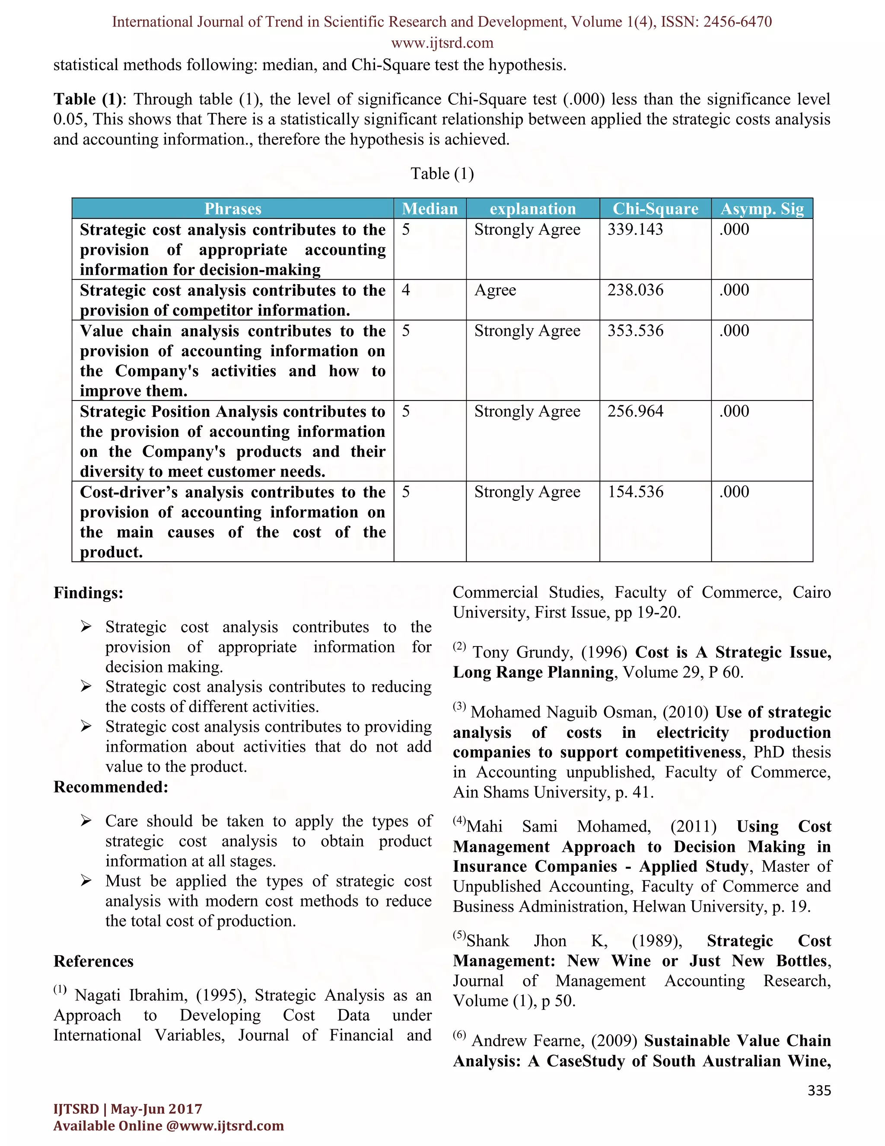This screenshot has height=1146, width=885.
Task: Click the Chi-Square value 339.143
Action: pos(635,229)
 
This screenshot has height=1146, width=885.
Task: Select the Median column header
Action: pos(430,209)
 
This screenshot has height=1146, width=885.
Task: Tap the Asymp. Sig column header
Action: pos(762,209)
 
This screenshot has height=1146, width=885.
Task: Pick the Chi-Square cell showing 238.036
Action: pos(635,290)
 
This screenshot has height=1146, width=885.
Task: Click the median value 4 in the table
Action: pos(406,290)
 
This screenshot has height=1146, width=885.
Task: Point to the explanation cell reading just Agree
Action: pos(495,290)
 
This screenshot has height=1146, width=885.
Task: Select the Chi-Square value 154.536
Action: pos(635,492)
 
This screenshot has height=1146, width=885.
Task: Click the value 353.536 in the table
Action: pos(635,331)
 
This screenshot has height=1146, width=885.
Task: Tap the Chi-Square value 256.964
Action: pos(635,411)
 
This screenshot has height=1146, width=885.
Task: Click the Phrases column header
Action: pos(233,209)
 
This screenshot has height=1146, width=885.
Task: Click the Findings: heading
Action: pos(88,593)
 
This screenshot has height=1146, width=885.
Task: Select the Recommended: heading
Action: pos(111,787)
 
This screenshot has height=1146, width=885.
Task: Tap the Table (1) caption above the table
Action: pos(442,174)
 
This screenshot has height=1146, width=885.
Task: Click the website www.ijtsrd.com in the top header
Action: pos(442,43)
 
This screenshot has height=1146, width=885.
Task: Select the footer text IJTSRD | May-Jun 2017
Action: pos(127,1109)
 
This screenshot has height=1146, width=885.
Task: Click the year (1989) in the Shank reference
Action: pos(656,941)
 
